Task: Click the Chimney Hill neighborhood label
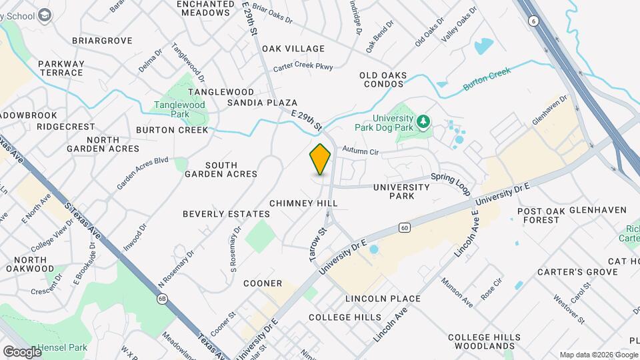pos(301,202)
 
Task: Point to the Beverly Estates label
pos(227,214)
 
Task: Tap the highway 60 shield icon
pos(405,228)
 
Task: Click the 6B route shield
pos(163,298)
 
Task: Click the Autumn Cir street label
pos(360,152)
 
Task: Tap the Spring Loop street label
pos(451,181)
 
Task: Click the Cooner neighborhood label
pos(262,283)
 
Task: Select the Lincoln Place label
pos(383,299)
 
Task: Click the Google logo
pos(21,351)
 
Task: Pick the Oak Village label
pos(293,49)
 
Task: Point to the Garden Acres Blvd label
pos(143,173)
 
